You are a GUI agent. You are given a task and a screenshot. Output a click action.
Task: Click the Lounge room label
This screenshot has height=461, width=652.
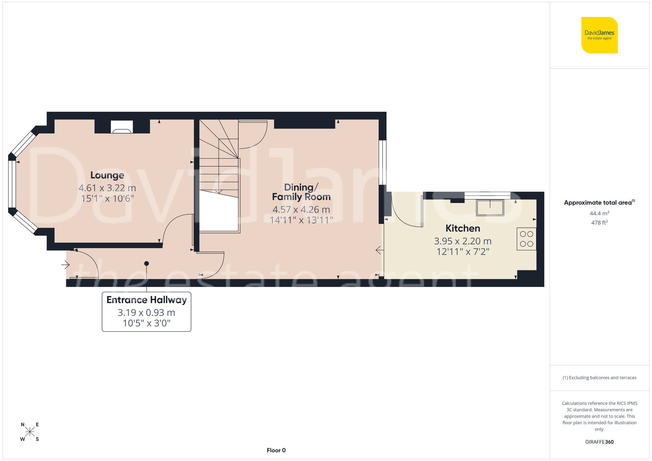pos(107,175)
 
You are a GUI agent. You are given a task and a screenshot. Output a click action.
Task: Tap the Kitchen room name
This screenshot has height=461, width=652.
pos(463,228)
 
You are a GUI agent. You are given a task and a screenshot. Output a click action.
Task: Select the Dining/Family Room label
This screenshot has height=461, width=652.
pos(301,192)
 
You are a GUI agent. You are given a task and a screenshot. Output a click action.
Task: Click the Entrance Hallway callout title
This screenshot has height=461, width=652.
pos(146,300)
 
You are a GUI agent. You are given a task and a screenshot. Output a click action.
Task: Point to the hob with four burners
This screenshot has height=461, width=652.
pos(526,239)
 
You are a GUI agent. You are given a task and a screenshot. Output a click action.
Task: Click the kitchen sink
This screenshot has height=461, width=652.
pos(490,208)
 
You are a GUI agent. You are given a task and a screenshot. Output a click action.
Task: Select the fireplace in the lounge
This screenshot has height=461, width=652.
pos(122,127)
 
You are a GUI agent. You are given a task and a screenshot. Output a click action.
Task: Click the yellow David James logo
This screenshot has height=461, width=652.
pos(599,35)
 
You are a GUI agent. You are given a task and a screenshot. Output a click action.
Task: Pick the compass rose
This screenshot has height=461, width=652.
pos(30,432)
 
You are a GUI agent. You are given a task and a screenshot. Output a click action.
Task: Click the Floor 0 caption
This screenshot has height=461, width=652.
pos(276,450)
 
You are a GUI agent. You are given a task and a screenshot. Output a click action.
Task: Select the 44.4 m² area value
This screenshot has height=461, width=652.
pos(599,213)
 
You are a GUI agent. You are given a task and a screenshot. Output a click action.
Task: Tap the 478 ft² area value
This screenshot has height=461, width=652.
pos(599,223)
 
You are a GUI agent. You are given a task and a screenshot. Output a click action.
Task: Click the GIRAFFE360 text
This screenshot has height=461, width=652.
pos(599,442)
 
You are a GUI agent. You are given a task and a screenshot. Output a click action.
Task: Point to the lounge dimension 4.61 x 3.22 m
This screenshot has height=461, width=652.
pos(107,188)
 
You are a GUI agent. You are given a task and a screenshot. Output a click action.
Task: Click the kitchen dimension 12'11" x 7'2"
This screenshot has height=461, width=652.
pos(463,252)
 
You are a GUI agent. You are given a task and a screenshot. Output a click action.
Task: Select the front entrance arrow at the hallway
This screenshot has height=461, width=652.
pos(65,265)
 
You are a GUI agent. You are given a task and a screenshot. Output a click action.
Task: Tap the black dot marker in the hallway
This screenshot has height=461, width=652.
pos(146,263)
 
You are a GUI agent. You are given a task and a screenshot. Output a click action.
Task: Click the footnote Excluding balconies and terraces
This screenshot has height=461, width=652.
pos(599,378)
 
